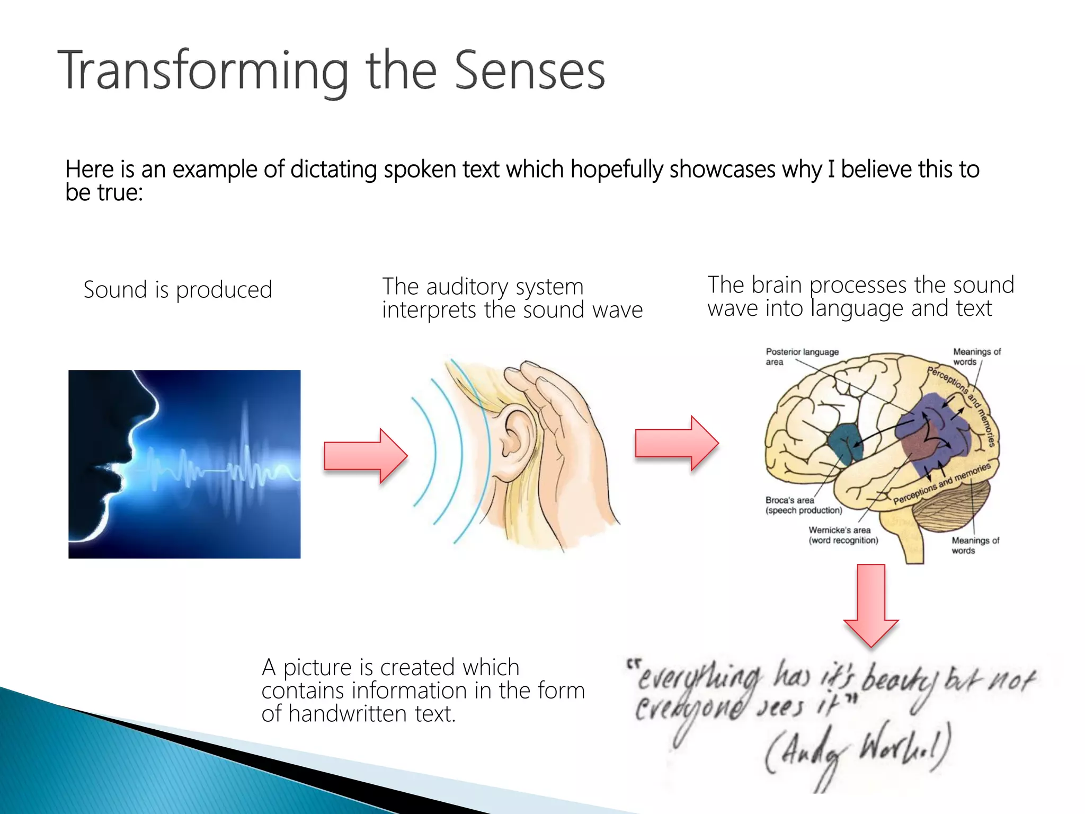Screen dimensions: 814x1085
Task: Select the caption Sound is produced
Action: click(177, 290)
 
